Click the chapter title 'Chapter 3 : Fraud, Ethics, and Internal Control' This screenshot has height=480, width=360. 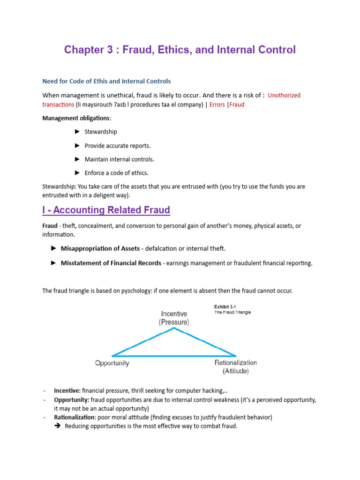point(180,50)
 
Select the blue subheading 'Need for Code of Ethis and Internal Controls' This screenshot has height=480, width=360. point(107,81)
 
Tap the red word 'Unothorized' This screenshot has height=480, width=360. point(284,95)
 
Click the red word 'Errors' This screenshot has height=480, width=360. point(217,105)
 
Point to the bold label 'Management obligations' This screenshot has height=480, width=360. point(76,118)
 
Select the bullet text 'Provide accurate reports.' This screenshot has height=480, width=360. point(117,145)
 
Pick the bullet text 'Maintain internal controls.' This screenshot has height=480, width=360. point(119,159)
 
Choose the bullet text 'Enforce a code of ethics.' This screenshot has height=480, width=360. point(116,172)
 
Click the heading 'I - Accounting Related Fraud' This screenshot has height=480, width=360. point(106,210)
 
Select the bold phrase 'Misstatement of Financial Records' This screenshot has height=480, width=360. point(111,263)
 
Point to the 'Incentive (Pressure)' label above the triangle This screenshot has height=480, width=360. point(174,318)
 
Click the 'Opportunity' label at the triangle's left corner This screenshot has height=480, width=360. point(112,363)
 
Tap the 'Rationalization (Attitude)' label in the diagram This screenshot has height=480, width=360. point(235,367)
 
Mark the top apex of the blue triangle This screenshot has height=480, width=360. point(174,328)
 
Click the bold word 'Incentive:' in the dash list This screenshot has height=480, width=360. point(67,390)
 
